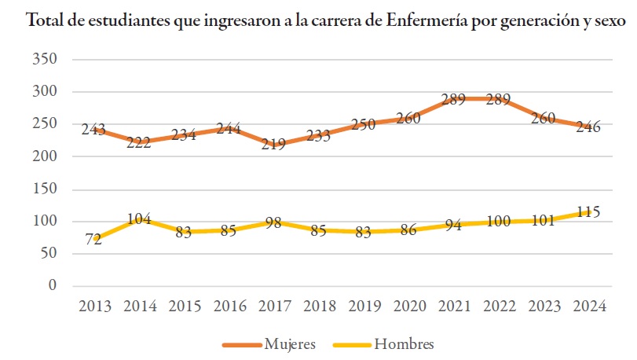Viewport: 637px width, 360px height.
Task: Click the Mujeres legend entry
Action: (285, 343)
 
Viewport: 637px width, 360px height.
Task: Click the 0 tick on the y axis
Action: (53, 285)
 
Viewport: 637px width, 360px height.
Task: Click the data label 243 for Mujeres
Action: (93, 129)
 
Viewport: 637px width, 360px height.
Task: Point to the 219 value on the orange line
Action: (273, 145)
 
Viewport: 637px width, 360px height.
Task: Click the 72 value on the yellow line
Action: (93, 240)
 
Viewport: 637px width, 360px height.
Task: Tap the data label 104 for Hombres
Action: (138, 219)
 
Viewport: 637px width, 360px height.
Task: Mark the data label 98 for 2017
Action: (273, 222)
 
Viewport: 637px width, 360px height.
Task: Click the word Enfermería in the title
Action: (426, 20)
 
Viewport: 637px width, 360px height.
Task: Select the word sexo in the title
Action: (610, 20)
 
